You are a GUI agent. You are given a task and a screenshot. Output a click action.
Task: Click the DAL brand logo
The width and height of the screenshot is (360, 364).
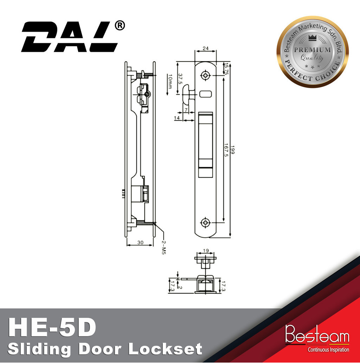(x=70, y=37)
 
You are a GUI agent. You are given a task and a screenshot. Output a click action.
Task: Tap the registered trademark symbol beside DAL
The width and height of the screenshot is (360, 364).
(x=120, y=26)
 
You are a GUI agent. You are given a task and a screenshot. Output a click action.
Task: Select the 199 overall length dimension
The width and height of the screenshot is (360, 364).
(x=232, y=149)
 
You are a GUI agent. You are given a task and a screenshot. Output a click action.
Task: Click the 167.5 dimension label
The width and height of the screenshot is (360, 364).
(x=226, y=150)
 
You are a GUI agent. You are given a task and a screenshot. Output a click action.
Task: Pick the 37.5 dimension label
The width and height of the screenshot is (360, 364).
(x=180, y=79)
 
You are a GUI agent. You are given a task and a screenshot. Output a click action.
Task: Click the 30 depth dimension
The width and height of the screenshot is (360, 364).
(x=140, y=242)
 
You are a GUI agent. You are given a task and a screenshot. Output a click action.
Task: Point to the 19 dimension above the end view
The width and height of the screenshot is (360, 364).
(x=206, y=251)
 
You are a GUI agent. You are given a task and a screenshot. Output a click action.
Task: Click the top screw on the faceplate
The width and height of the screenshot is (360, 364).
(x=205, y=75)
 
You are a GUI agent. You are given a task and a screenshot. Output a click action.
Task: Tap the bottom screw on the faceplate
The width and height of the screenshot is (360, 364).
(x=205, y=222)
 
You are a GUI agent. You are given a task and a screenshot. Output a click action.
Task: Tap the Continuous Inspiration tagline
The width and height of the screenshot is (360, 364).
(x=328, y=350)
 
